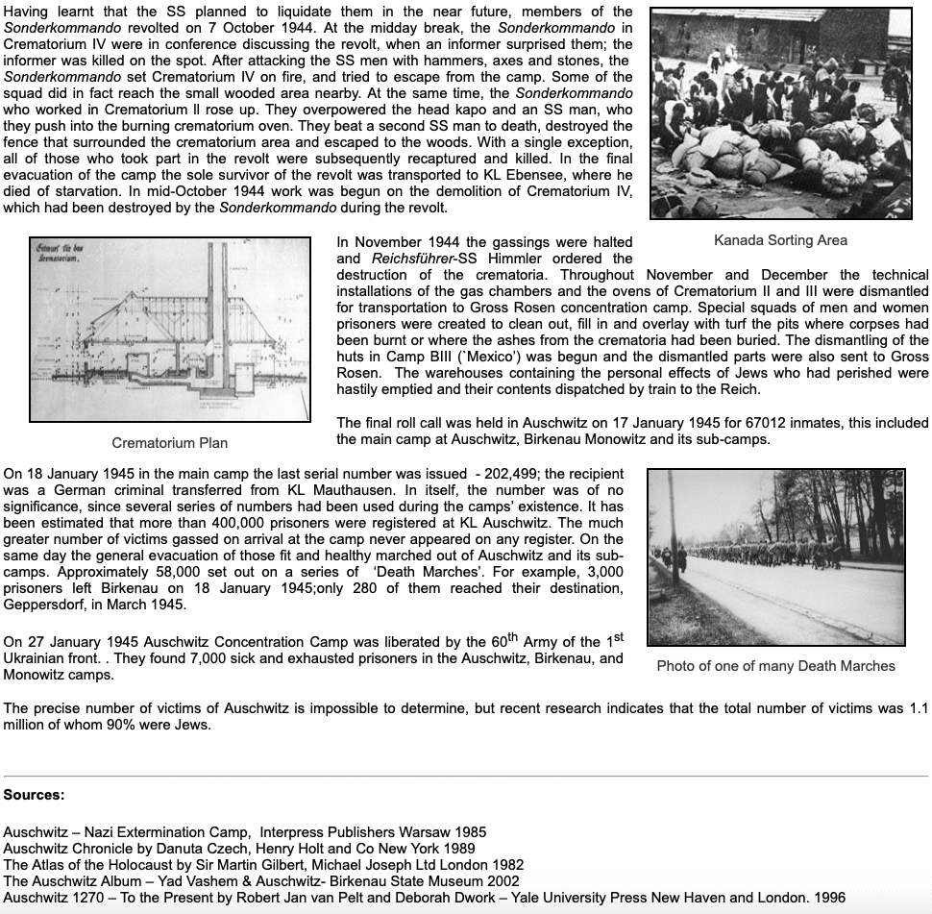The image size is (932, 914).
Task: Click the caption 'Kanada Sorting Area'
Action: [780, 240]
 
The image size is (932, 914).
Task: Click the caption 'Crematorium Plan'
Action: [170, 443]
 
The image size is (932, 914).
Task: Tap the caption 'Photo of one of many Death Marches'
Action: [775, 666]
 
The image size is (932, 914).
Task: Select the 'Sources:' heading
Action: [35, 795]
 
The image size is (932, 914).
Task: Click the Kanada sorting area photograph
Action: [780, 113]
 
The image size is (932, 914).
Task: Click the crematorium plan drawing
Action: [170, 329]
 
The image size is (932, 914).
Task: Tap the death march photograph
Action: [775, 556]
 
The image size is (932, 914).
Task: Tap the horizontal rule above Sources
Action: [466, 776]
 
